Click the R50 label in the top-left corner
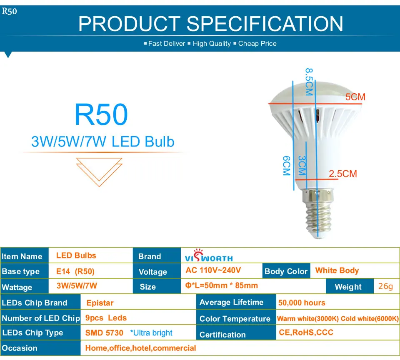coord(10,11)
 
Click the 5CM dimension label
coord(355,97)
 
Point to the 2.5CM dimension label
coord(343,174)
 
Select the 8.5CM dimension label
coord(309,82)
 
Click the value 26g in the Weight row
coord(385,286)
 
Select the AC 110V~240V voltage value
coord(213,270)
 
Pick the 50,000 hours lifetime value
coord(302,303)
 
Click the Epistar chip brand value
coord(100,303)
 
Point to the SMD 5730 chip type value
coord(104,333)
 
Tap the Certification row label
coord(222,335)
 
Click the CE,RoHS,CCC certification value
coord(306,333)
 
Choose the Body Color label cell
coord(286,271)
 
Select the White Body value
coord(337,271)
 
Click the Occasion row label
coord(20,348)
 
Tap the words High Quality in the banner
coord(212,44)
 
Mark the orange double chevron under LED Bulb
coord(99,172)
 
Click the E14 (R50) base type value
coord(75,271)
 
